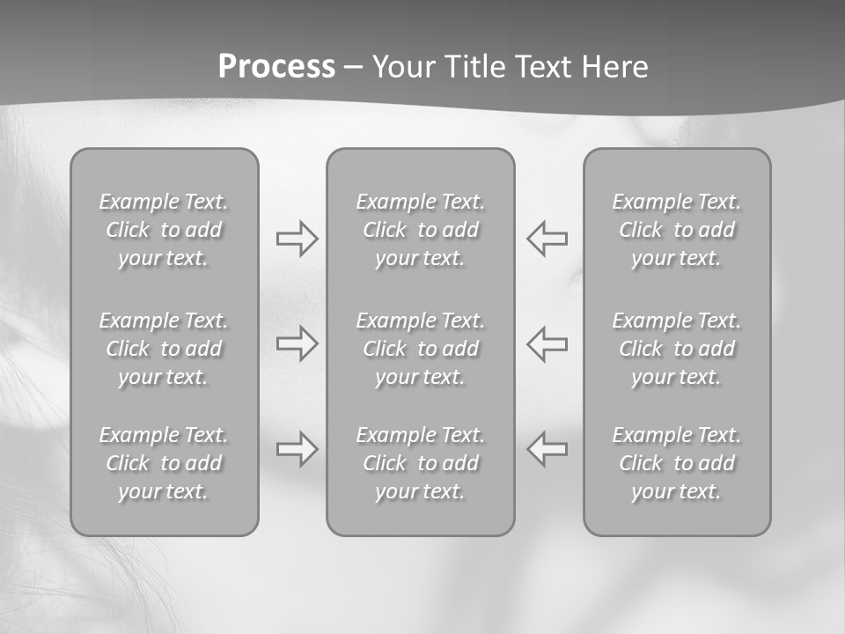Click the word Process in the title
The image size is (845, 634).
276,67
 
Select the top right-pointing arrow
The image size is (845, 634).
297,239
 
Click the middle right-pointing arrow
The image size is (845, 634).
297,343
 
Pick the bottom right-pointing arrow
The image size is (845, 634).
297,449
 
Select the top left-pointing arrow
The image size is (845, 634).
547,239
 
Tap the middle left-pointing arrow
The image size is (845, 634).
547,343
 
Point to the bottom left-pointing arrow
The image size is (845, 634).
547,449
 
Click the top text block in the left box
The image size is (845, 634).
164,230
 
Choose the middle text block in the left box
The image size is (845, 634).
164,349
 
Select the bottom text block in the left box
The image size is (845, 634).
164,463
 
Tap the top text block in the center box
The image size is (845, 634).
421,230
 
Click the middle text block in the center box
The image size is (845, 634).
421,349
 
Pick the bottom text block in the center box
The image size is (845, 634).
421,463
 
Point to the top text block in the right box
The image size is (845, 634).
677,230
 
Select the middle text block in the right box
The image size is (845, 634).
677,349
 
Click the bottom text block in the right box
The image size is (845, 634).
677,463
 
